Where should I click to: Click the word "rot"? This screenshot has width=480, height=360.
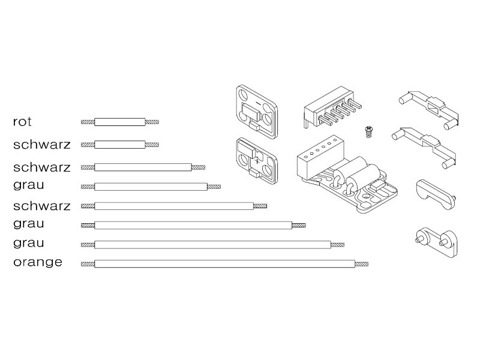(x=22, y=122)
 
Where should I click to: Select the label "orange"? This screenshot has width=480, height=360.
(x=37, y=263)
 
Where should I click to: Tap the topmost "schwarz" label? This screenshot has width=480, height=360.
(x=41, y=145)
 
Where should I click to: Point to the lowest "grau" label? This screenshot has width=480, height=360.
(x=28, y=243)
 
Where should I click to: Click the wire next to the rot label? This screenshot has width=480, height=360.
(x=120, y=122)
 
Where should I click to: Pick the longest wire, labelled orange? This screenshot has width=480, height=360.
(x=224, y=263)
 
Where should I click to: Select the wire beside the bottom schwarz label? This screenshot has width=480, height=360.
(x=174, y=206)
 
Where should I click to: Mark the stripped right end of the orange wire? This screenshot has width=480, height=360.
(x=361, y=263)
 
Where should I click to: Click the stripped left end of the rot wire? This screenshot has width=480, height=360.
(x=88, y=122)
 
